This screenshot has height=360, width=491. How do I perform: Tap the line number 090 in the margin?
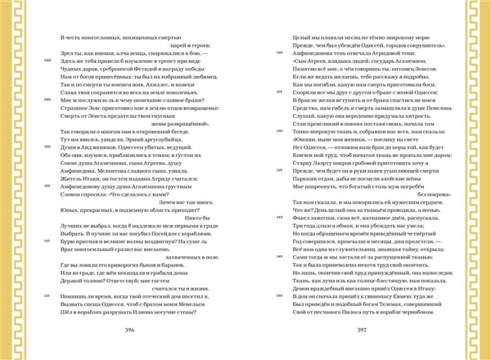(48, 61)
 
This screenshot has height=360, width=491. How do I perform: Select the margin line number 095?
(48, 99)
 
